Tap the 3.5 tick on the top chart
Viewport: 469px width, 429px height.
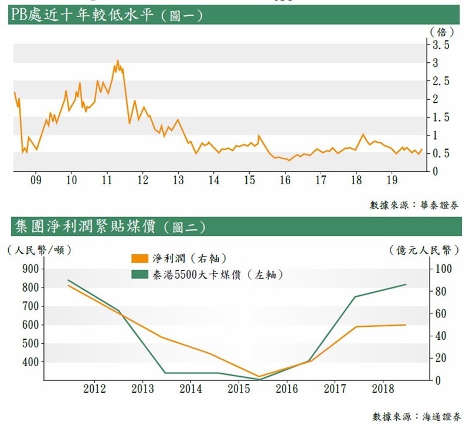coord(440,45)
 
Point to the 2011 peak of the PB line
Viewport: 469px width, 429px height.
coord(117,60)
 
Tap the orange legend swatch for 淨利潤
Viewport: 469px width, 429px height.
coord(140,258)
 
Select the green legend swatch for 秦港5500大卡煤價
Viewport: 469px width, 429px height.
coord(140,274)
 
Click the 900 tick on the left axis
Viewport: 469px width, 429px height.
coord(29,269)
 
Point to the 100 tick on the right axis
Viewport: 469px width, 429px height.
coord(440,269)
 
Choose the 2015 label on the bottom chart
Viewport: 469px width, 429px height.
coord(239,389)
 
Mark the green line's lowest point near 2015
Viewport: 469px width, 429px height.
coord(259,380)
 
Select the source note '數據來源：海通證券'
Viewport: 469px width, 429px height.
coord(417,417)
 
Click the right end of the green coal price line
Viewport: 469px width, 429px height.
coord(406,285)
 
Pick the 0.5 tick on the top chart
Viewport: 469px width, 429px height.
coord(440,153)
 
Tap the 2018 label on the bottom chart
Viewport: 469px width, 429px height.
coord(382,389)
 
